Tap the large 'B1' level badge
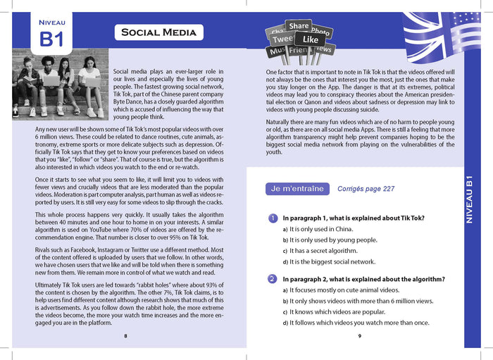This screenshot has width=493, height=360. [x=51, y=39]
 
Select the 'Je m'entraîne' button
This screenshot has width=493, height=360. [x=297, y=189]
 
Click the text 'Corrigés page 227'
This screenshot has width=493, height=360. [x=366, y=189]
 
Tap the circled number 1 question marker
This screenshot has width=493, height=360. [x=272, y=218]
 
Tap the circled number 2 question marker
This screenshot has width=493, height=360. [x=272, y=279]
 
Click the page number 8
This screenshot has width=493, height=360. [x=125, y=336]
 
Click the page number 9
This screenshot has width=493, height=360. [x=359, y=336]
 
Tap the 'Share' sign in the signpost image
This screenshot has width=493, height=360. [x=299, y=26]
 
